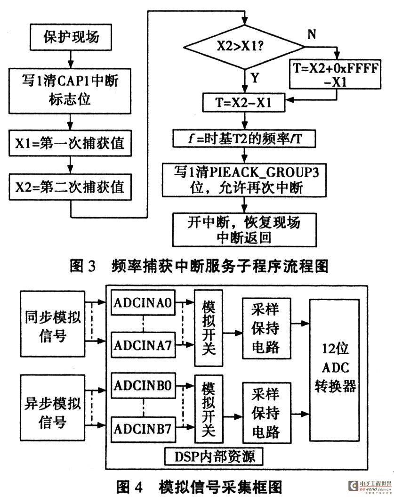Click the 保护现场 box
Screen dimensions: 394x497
point(71,37)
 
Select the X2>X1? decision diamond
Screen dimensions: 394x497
point(244,47)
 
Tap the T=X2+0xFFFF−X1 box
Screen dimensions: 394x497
point(335,74)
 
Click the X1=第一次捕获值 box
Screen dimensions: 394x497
point(70,143)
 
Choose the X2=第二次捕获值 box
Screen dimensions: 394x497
point(70,187)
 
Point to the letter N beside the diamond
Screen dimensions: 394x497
point(312,34)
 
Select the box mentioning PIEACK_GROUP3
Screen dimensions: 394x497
point(244,180)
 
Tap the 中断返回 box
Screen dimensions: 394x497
point(244,230)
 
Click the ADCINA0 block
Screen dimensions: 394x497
point(143,302)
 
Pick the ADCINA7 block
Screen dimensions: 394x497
point(143,345)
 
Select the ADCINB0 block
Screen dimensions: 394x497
point(143,385)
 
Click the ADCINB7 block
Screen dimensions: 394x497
point(143,429)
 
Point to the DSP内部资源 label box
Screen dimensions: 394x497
point(215,457)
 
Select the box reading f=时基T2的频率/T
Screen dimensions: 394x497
point(244,138)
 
